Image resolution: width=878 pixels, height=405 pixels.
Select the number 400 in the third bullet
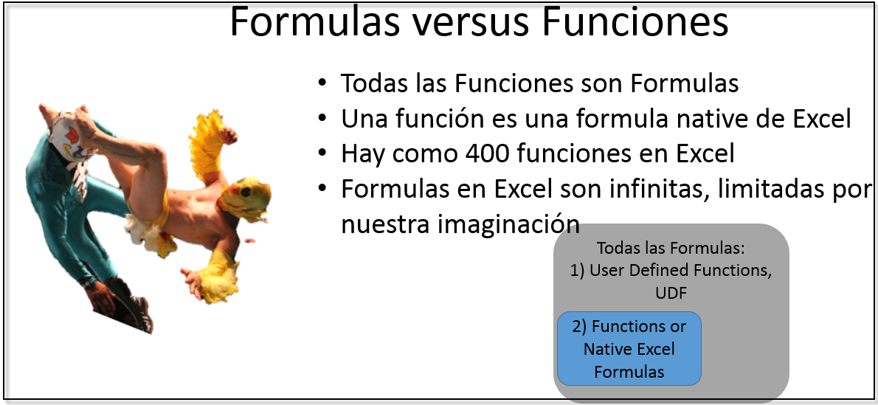(x=491, y=153)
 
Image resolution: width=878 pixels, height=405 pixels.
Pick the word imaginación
(x=508, y=223)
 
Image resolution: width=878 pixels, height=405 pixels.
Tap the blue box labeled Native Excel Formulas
(x=629, y=348)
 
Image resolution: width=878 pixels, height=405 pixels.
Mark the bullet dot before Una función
(x=322, y=117)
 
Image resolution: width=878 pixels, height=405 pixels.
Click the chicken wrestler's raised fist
(x=229, y=136)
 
